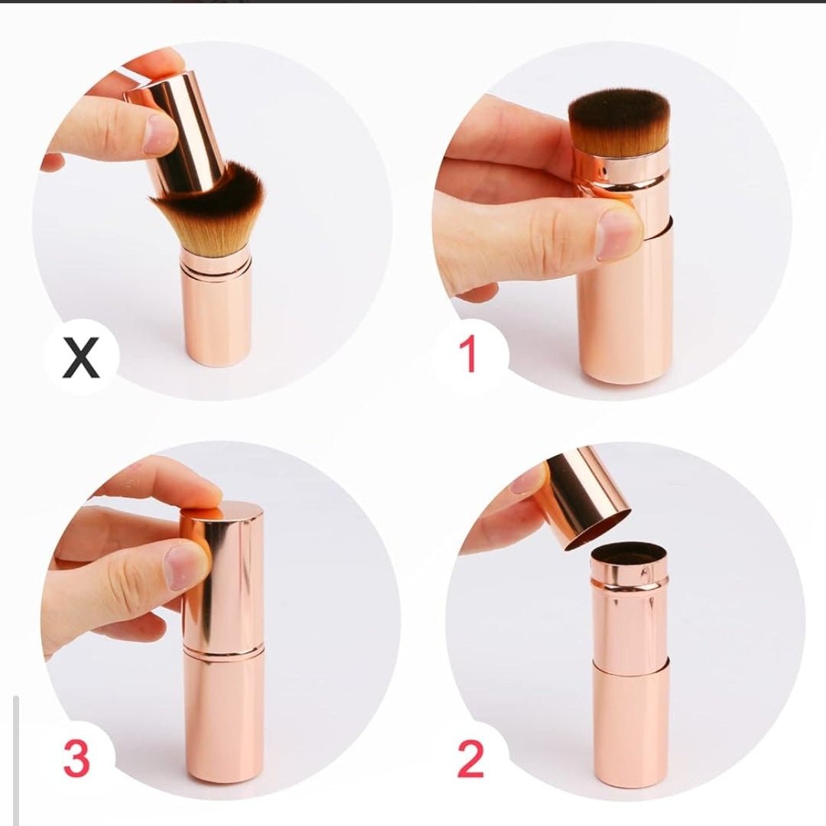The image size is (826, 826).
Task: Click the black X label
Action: pos(81,357)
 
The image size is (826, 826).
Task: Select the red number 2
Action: pos(471,759)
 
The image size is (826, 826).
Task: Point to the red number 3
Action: pos(76,759)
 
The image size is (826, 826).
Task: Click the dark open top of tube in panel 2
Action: pos(629,551)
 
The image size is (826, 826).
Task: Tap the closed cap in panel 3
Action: pos(223,574)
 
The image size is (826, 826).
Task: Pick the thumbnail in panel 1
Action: pos(618,233)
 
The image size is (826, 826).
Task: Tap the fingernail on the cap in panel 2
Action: pos(528,481)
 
